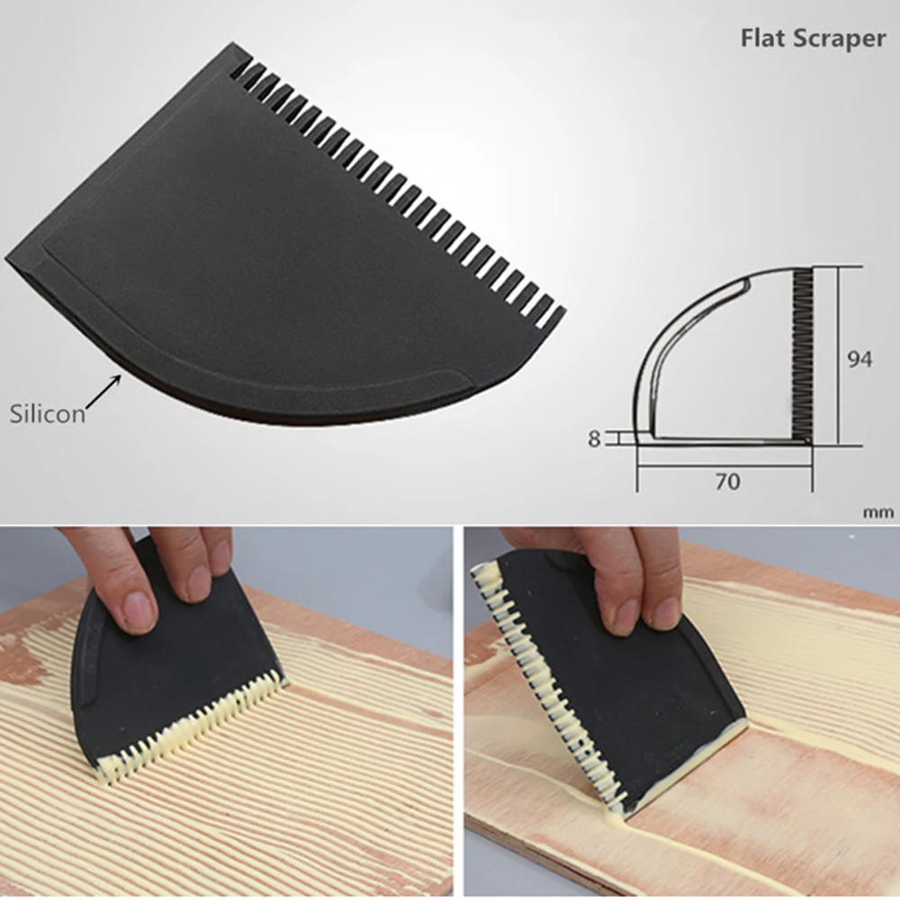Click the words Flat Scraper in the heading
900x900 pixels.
[x=812, y=39]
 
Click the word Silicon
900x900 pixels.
[x=48, y=414]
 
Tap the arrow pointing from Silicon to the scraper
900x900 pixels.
[x=104, y=393]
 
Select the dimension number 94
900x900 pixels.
[x=860, y=359]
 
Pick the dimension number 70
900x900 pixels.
[x=727, y=482]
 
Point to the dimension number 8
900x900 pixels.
[x=593, y=439]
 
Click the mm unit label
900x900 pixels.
[x=878, y=512]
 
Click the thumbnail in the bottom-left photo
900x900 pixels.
[x=138, y=611]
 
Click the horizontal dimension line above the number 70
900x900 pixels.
[x=725, y=466]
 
